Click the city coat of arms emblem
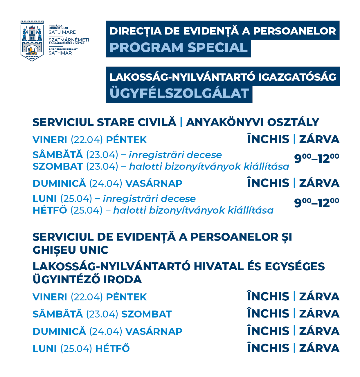point(32,41)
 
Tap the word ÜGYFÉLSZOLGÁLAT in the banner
point(179,93)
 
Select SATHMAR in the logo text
point(60,53)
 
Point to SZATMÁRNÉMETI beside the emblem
point(69,40)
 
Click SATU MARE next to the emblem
point(62,32)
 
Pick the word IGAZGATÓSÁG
point(297,77)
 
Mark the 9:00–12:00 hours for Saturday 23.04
point(316,158)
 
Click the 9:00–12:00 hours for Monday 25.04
point(316,203)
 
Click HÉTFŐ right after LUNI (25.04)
point(112,348)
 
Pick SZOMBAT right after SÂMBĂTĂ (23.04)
point(146,314)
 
